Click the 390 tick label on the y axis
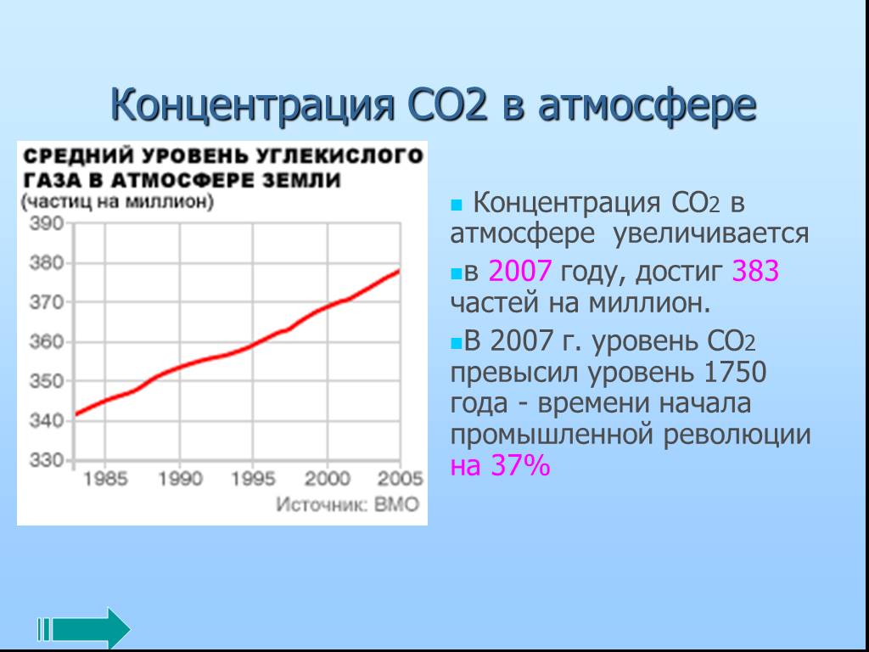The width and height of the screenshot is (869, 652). pyautogui.click(x=48, y=224)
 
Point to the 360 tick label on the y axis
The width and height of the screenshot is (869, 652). pyautogui.click(x=48, y=341)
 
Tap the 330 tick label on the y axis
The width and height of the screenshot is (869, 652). pyautogui.click(x=48, y=460)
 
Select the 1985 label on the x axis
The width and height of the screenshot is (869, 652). pyautogui.click(x=105, y=479)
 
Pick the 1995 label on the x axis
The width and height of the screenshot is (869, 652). pyautogui.click(x=253, y=479)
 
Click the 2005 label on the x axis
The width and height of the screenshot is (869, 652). pyautogui.click(x=401, y=479)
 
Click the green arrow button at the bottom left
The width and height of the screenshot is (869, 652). pyautogui.click(x=84, y=629)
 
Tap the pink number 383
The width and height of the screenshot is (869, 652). pyautogui.click(x=755, y=271)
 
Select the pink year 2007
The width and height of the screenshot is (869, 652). pyautogui.click(x=520, y=271)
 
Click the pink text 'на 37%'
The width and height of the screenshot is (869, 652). pyautogui.click(x=500, y=465)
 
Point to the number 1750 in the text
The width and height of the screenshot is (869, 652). pyautogui.click(x=734, y=372)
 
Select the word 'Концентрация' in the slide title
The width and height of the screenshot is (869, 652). pyautogui.click(x=252, y=105)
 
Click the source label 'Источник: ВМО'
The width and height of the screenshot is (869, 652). pyautogui.click(x=347, y=504)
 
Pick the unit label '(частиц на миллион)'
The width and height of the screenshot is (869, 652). pyautogui.click(x=117, y=201)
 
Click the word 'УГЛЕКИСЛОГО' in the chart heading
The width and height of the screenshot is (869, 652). pyautogui.click(x=332, y=156)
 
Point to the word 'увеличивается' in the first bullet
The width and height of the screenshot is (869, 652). pyautogui.click(x=710, y=234)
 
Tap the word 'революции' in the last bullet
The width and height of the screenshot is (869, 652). pyautogui.click(x=737, y=435)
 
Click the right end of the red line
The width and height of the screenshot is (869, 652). pyautogui.click(x=399, y=271)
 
